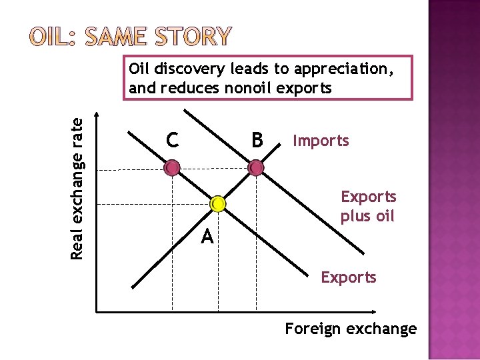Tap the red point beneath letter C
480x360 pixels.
pos(172,167)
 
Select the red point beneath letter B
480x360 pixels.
pos(256,168)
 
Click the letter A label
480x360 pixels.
pos(207,236)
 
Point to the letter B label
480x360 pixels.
pos(257,141)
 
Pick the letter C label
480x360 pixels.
pos(172,141)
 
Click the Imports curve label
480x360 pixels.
pos(321,141)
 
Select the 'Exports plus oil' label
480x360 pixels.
pos(368,207)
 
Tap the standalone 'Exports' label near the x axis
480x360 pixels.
pos(349,277)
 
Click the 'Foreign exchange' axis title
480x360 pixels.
pos(351,329)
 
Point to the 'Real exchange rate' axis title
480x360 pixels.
pos(78,188)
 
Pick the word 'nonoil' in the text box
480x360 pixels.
pos(245,87)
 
